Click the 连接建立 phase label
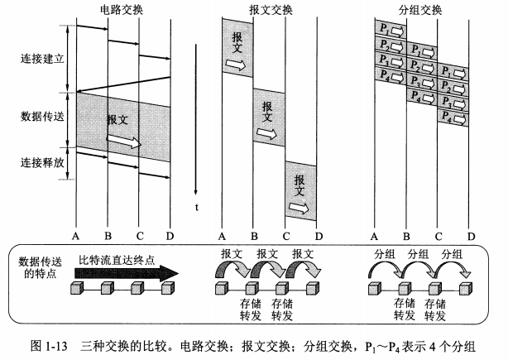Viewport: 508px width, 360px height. [41, 60]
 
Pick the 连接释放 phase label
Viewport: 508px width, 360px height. [41, 163]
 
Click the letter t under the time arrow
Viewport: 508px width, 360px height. [197, 207]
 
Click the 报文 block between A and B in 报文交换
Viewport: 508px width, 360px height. [237, 49]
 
